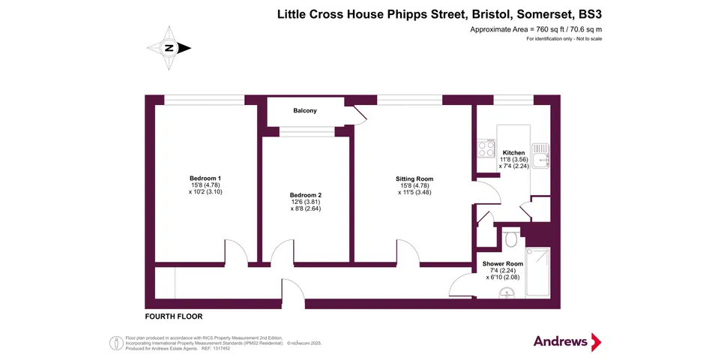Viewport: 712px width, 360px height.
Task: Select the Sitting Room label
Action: coord(414,178)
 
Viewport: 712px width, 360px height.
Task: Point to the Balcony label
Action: coord(304,111)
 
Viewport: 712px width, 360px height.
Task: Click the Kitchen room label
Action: coord(513,153)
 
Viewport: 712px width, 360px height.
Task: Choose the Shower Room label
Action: coord(502,264)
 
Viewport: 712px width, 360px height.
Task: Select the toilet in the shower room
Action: coord(510,238)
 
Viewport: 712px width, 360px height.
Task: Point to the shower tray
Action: coord(538,271)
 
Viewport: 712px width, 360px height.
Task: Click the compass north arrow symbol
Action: coord(169,48)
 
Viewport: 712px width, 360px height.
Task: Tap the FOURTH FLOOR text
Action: coord(174,316)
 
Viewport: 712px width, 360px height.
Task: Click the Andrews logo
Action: coord(567,341)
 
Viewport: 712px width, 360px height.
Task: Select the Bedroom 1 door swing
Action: coord(235,251)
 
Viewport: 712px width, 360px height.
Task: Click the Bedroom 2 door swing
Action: coord(283,251)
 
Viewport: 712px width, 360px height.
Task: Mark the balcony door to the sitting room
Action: coord(358,113)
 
